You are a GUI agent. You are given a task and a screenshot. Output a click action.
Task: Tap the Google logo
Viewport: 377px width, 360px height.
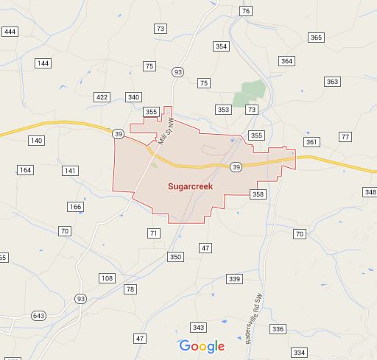click(x=202, y=346)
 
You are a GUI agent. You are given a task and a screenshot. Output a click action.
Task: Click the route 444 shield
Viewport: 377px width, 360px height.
click(x=10, y=32)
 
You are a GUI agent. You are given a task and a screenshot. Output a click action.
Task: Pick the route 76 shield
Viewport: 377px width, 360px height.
click(x=246, y=11)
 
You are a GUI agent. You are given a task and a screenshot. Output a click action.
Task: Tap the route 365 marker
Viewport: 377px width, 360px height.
click(x=316, y=38)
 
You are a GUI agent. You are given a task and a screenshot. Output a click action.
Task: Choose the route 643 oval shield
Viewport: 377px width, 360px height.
click(x=38, y=316)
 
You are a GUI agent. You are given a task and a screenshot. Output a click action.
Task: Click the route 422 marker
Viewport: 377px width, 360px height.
click(x=102, y=97)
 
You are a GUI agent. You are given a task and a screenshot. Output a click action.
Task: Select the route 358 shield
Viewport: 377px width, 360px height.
click(x=257, y=194)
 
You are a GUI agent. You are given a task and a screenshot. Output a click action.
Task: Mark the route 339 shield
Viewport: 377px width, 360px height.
click(x=234, y=279)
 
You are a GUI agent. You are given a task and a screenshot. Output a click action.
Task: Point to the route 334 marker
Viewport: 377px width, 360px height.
click(x=298, y=353)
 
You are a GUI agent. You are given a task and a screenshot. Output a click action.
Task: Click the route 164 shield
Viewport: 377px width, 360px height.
click(x=25, y=170)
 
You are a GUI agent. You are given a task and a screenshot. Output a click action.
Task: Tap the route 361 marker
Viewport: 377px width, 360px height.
click(x=311, y=142)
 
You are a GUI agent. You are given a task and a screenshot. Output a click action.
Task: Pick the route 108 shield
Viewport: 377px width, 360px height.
click(x=107, y=278)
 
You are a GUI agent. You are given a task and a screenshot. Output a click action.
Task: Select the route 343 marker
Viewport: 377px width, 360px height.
click(x=197, y=327)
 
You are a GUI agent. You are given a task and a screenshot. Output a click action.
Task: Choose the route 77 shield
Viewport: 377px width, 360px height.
click(x=345, y=137)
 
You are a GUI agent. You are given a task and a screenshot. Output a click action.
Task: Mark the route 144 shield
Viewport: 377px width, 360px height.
click(x=43, y=64)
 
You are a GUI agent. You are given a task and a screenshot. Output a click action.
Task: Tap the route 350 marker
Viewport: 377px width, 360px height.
click(x=175, y=257)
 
